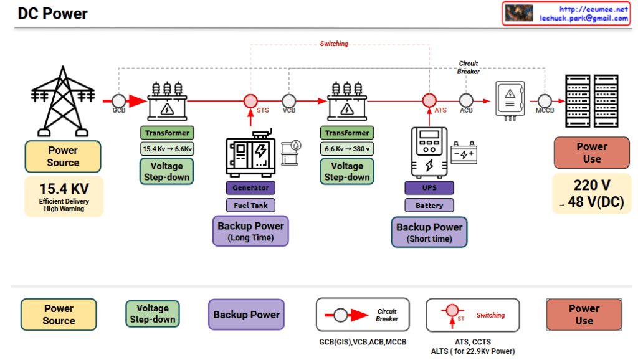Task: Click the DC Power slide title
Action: point(53,14)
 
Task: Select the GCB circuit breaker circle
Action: point(118,100)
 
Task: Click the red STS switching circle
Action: point(250,100)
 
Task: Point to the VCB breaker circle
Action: point(288,100)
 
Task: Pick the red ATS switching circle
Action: point(429,100)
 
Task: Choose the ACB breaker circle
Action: point(466,100)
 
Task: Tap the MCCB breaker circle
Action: point(545,100)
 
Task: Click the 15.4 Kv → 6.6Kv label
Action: point(167,149)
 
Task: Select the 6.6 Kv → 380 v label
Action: point(347,149)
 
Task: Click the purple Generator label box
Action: point(250,187)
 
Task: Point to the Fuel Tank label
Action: point(250,205)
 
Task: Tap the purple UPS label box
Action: point(429,187)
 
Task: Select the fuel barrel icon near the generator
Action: point(290,151)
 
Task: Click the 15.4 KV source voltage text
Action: point(64,189)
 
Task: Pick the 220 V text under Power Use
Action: point(591,184)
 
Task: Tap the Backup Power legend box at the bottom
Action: point(246,315)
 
